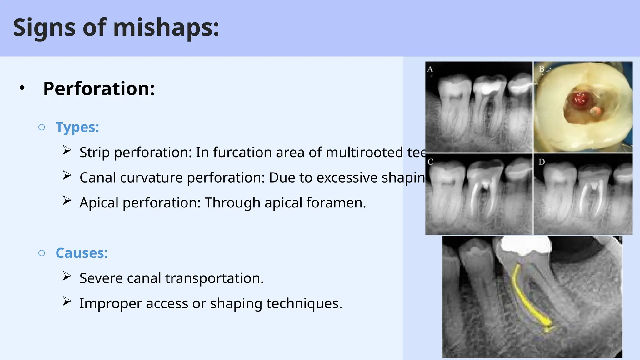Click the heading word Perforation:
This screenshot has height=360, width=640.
[x=99, y=89]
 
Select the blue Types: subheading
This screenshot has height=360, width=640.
[x=77, y=127]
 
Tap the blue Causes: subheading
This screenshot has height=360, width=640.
[x=82, y=253]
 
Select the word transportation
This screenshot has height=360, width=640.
[x=214, y=278]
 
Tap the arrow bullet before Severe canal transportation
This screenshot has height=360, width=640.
[x=67, y=276]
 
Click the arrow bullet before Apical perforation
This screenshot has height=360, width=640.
[x=67, y=201]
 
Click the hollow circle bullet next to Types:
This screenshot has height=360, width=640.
[x=42, y=127]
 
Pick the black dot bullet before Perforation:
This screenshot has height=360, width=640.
[x=22, y=88]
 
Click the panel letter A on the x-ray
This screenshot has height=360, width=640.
[x=430, y=69]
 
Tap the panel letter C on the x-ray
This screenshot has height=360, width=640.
[x=430, y=162]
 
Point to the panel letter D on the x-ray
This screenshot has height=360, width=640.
[x=542, y=162]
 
